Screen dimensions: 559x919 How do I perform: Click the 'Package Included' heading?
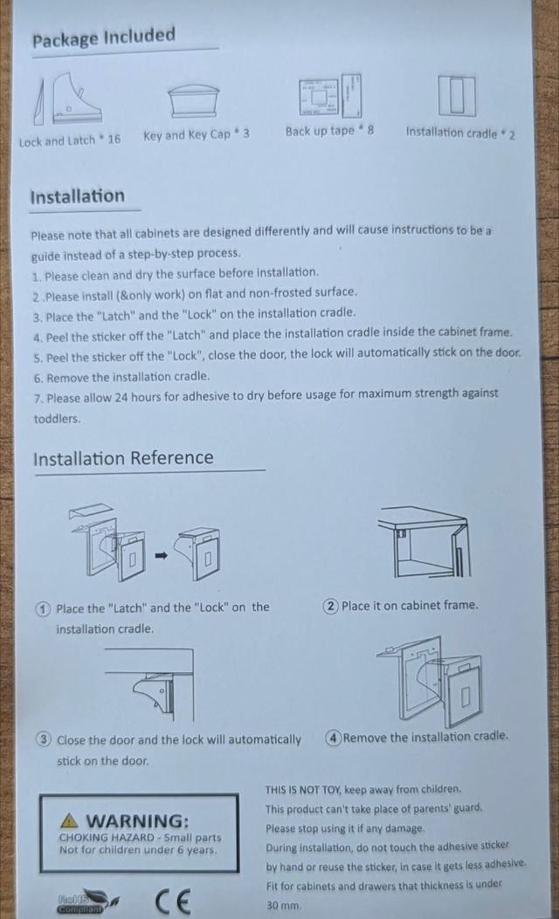click(104, 37)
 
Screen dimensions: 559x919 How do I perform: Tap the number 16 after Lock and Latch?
click(114, 140)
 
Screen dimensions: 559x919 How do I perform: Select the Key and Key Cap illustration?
click(194, 101)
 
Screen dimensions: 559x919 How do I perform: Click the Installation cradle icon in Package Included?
click(456, 95)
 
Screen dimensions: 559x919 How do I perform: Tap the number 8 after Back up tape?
click(370, 129)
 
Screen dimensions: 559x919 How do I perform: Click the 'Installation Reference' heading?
click(123, 457)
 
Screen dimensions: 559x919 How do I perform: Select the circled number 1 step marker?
click(43, 608)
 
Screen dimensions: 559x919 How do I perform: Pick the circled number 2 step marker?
click(331, 606)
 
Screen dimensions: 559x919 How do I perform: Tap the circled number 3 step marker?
click(44, 740)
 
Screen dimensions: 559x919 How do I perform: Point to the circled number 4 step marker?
click(333, 737)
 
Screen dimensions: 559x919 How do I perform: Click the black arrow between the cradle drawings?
click(162, 555)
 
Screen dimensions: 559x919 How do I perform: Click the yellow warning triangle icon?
click(70, 819)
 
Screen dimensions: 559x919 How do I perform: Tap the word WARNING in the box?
click(138, 820)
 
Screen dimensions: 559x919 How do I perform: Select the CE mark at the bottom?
click(174, 902)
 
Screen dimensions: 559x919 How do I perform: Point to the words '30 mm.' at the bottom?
click(283, 905)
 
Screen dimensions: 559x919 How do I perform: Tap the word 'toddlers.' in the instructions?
click(57, 418)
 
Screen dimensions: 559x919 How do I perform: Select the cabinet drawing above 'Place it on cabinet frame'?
click(424, 543)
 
